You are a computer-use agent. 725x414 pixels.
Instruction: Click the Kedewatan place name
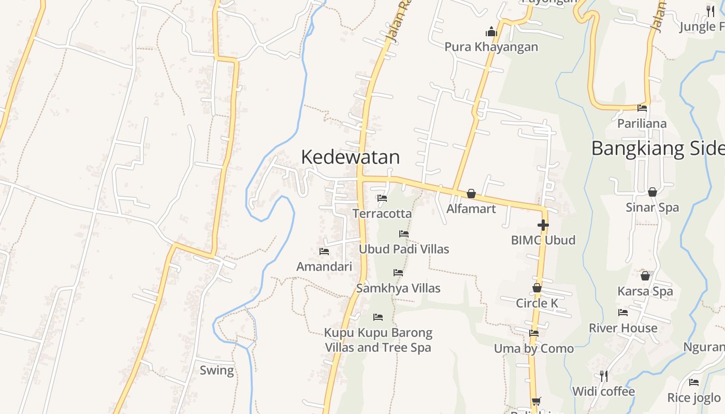point(350,157)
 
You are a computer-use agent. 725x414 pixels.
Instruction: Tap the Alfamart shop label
point(471,209)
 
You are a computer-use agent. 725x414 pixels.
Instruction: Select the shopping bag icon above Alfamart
point(471,194)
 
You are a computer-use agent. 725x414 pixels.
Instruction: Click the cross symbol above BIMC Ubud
point(543,225)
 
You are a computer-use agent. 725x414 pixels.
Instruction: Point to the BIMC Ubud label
point(543,240)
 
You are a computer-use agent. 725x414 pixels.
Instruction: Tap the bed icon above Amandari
point(324,252)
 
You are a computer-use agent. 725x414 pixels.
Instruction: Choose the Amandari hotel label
point(324,267)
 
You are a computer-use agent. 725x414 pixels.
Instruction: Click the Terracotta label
point(382,213)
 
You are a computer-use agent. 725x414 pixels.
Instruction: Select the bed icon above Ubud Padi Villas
point(404,234)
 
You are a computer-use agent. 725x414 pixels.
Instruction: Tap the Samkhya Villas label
point(398,288)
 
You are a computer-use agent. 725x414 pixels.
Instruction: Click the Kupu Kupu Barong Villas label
point(378,339)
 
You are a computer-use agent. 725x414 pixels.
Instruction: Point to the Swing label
point(217,371)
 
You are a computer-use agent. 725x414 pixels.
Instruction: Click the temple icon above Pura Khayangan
point(491,32)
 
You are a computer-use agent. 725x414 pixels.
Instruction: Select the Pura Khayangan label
point(491,47)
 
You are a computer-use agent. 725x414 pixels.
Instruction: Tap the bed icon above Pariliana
point(642,108)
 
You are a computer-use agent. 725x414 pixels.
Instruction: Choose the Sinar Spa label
point(652,208)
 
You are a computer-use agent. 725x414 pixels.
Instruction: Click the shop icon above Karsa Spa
point(645,276)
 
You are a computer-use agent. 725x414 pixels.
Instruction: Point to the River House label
point(623,328)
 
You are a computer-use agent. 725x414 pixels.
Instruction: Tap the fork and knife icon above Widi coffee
point(603,376)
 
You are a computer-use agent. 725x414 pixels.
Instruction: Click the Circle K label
point(537,303)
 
